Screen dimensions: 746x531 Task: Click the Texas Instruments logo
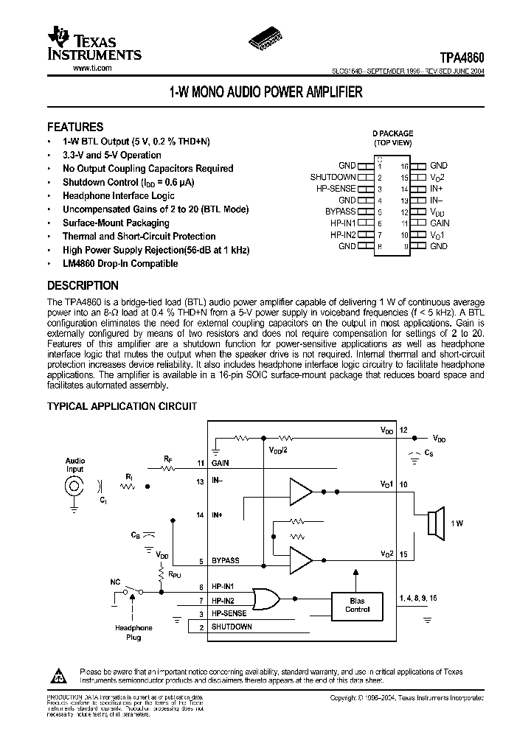pyautogui.click(x=92, y=44)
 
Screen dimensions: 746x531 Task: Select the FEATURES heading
pyautogui.click(x=75, y=126)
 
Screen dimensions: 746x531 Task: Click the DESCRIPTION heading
pyautogui.click(x=83, y=286)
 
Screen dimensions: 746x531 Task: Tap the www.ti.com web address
pyautogui.click(x=92, y=68)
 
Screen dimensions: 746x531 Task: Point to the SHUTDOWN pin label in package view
pyautogui.click(x=333, y=177)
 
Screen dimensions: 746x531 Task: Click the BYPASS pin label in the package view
pyautogui.click(x=341, y=211)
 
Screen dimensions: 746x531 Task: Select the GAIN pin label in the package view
pyautogui.click(x=440, y=223)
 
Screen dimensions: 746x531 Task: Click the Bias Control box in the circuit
pyautogui.click(x=357, y=605)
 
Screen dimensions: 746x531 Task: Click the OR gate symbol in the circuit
pyautogui.click(x=263, y=596)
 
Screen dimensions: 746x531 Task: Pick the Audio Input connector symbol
pyautogui.click(x=74, y=487)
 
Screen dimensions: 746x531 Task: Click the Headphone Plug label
pyautogui.click(x=133, y=632)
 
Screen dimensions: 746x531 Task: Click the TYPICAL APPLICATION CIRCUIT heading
pyautogui.click(x=122, y=406)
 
